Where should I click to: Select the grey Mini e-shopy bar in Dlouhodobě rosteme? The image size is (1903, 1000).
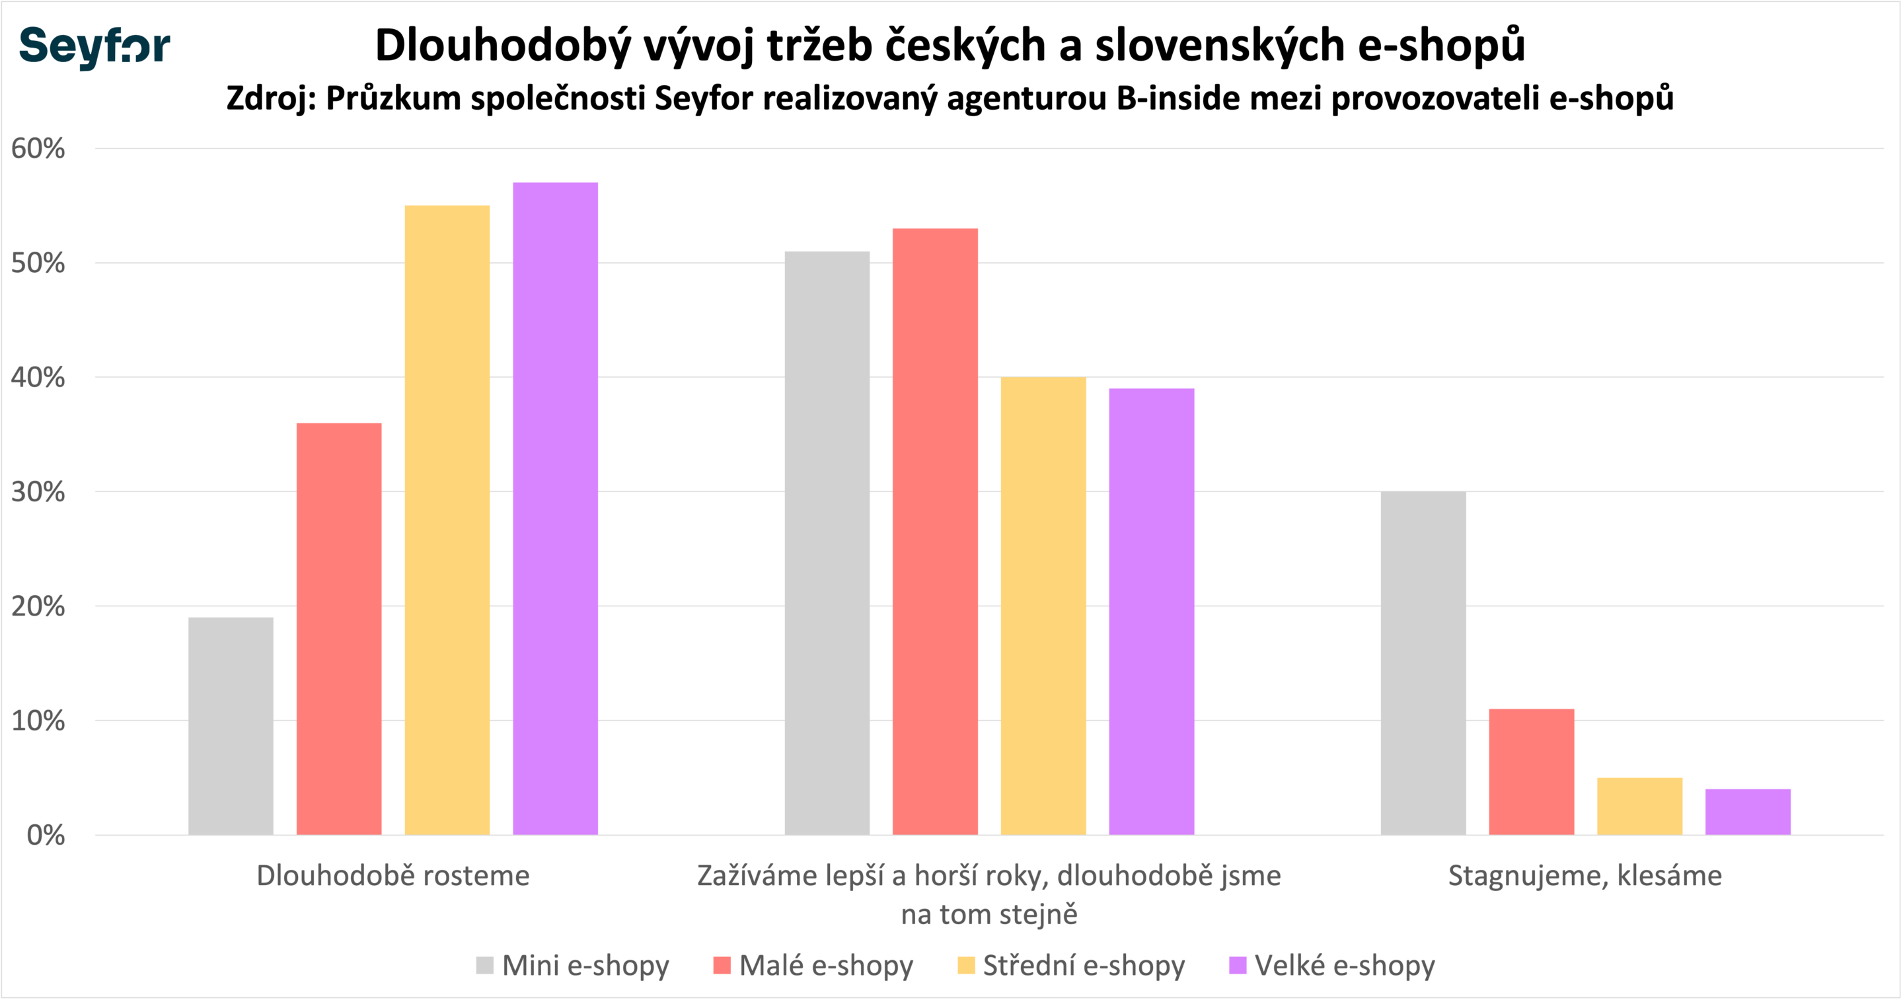pyautogui.click(x=231, y=726)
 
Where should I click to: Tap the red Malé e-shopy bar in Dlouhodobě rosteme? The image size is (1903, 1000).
pyautogui.click(x=339, y=629)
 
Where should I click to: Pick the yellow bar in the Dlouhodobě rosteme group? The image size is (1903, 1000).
pyautogui.click(x=447, y=520)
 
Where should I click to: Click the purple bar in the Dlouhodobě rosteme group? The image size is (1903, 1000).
pyautogui.click(x=556, y=509)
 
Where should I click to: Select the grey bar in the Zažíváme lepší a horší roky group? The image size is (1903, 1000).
pyautogui.click(x=827, y=544)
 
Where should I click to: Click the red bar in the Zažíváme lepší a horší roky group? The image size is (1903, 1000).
pyautogui.click(x=935, y=532)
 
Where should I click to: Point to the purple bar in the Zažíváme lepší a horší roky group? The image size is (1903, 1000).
pyautogui.click(x=1152, y=612)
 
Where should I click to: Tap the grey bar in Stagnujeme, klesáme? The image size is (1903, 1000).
pyautogui.click(x=1423, y=663)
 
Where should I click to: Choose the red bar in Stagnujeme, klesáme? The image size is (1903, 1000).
pyautogui.click(x=1532, y=771)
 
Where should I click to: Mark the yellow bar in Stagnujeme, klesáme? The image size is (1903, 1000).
pyautogui.click(x=1640, y=806)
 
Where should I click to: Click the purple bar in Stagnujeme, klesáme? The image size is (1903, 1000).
pyautogui.click(x=1748, y=812)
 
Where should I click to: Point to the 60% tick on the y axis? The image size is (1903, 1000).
pyautogui.click(x=38, y=149)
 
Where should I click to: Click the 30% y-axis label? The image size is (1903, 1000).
pyautogui.click(x=38, y=492)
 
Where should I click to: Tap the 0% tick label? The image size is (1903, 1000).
pyautogui.click(x=46, y=836)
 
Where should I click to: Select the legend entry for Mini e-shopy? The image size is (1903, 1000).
pyautogui.click(x=572, y=965)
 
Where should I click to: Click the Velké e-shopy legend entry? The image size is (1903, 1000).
pyautogui.click(x=1332, y=965)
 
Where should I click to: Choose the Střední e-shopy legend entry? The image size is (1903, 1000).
pyautogui.click(x=1071, y=965)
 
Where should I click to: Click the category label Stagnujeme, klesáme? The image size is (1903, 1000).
pyautogui.click(x=1585, y=876)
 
